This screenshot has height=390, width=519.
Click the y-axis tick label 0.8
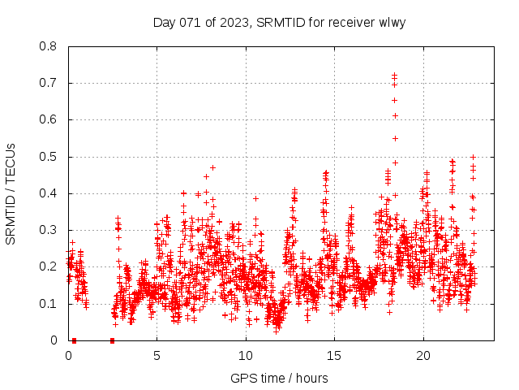click(49, 46)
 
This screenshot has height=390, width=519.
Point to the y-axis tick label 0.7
click(49, 83)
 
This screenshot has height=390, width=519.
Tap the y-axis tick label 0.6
click(49, 119)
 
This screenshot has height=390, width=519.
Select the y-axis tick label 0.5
click(49, 157)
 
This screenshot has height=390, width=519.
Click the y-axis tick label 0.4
click(49, 193)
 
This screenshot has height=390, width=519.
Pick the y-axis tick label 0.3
click(49, 230)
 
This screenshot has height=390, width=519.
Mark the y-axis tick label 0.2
click(49, 266)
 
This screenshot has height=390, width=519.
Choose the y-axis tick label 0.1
click(49, 304)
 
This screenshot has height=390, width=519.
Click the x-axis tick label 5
click(157, 356)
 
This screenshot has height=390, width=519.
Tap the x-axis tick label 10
click(246, 356)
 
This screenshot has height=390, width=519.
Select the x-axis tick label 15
click(334, 356)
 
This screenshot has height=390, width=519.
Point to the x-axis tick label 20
click(422, 356)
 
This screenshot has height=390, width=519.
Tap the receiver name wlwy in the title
click(391, 22)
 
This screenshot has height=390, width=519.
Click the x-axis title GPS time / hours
click(279, 378)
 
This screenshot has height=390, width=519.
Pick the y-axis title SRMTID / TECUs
click(11, 193)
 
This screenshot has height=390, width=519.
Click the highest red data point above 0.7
click(394, 76)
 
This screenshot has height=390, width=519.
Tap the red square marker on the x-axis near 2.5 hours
click(112, 340)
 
